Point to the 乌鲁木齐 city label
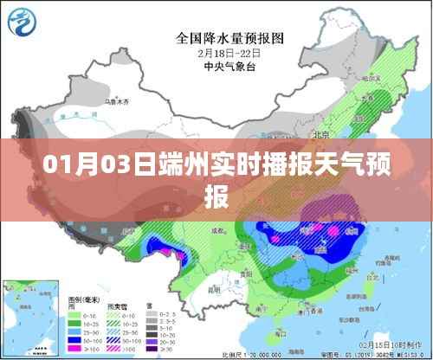[x=117, y=103]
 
